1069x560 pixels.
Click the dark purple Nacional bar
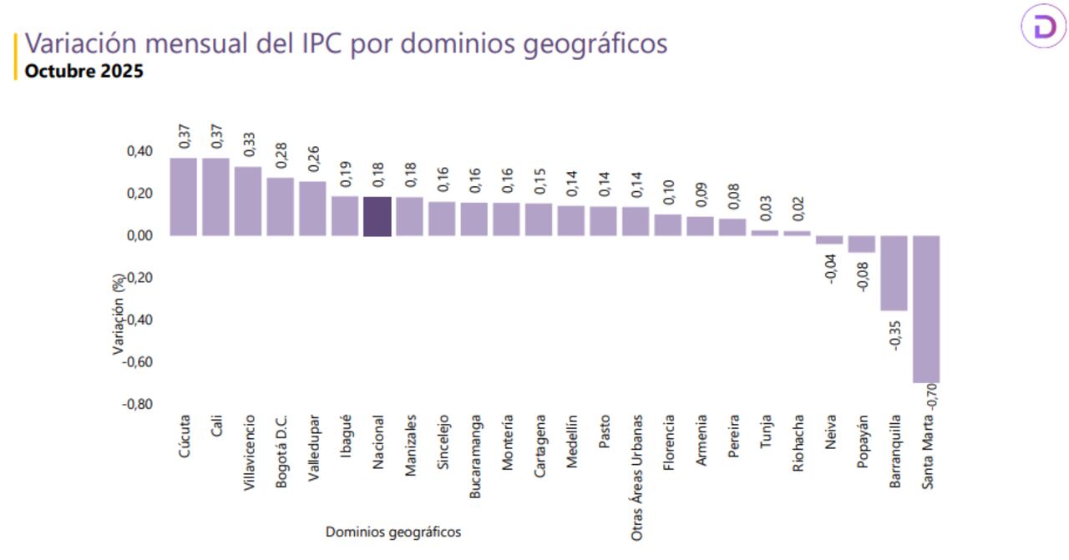pos(377,216)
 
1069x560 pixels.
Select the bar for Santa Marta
pos(926,309)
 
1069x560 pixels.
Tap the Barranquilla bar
pos(894,273)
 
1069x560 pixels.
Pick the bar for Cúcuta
pos(183,197)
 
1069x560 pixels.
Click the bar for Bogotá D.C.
pos(281,207)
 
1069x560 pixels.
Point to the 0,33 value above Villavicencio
pos(249,144)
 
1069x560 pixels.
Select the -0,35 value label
pos(894,332)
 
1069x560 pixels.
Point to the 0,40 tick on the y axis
pos(139,151)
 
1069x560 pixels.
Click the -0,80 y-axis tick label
pos(138,404)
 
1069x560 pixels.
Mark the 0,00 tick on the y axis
pos(139,235)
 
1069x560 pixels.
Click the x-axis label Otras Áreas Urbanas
pos(637,477)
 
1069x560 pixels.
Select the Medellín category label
pos(572,441)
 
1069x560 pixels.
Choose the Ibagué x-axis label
pos(346,436)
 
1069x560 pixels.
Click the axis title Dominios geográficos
pos(393,532)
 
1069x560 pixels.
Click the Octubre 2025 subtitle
pos(84,71)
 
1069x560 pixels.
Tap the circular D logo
pos(1044,28)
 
